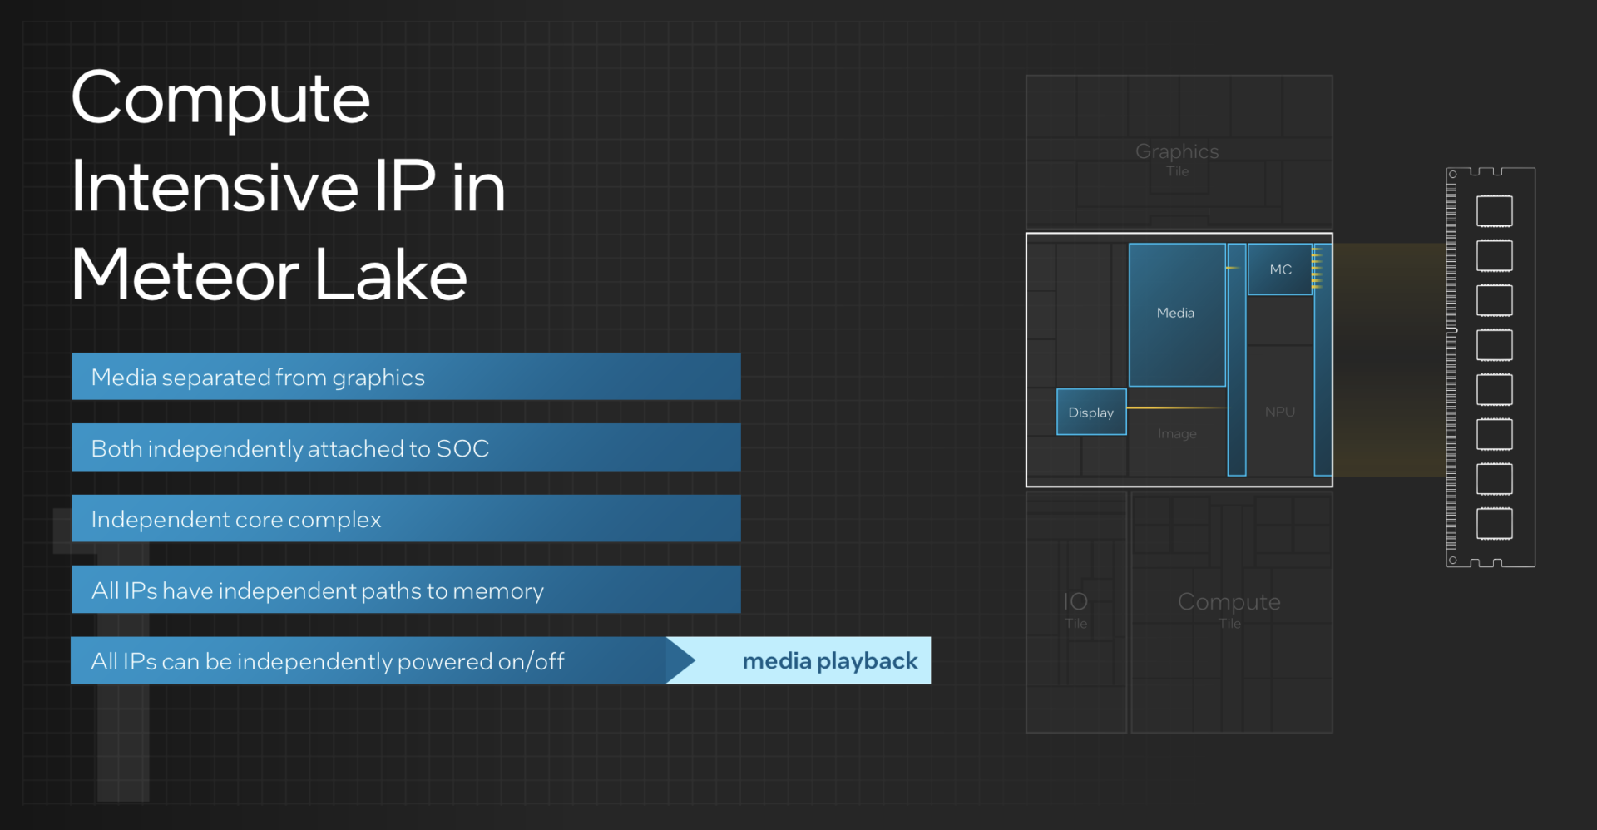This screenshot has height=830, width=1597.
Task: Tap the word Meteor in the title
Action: [x=185, y=274]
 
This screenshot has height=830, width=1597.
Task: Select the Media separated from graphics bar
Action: [x=406, y=377]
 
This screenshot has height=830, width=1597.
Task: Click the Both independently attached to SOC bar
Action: [x=406, y=447]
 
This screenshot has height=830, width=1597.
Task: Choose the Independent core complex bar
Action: [x=406, y=519]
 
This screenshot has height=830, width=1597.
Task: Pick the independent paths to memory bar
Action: [x=406, y=590]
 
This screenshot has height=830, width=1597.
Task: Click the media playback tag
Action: [x=798, y=660]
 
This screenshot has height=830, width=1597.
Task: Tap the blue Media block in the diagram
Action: [x=1177, y=314]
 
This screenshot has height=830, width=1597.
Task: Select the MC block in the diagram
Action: [x=1280, y=269]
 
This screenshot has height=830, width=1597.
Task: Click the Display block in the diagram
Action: [x=1091, y=412]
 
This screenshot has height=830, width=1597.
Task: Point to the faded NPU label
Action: [x=1280, y=412]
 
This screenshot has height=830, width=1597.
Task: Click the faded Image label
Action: [x=1177, y=433]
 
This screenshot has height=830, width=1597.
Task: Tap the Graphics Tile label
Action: [x=1177, y=158]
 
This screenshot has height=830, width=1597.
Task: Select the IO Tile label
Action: [x=1075, y=610]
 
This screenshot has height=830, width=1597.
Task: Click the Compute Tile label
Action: [x=1229, y=610]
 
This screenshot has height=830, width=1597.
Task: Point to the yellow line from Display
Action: [x=1177, y=408]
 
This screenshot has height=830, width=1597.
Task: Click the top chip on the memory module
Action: [x=1495, y=210]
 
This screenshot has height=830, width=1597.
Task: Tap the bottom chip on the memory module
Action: [x=1495, y=523]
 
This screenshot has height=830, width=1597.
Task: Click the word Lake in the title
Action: [x=391, y=274]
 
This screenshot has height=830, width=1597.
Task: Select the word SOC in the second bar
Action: [x=462, y=448]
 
